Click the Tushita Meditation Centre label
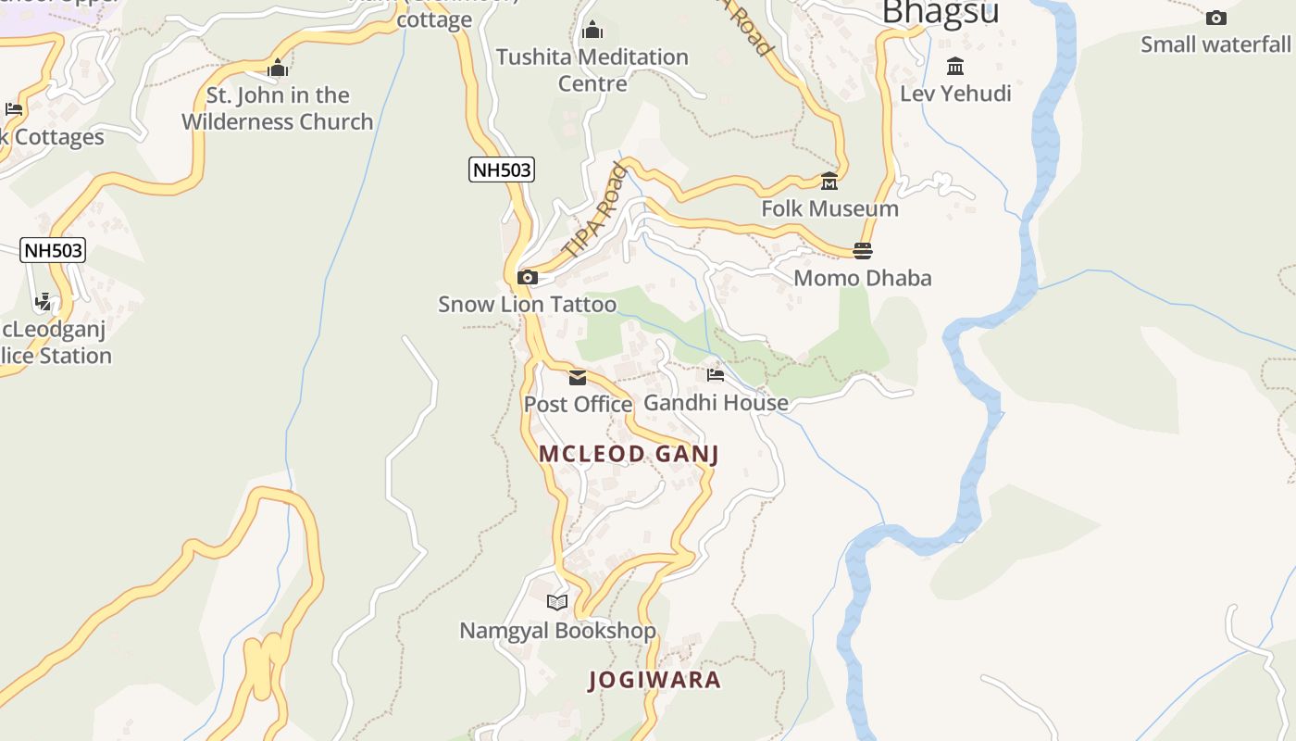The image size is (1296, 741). point(592,70)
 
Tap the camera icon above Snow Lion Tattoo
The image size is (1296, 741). point(528,277)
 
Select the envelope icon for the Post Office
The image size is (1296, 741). point(578,377)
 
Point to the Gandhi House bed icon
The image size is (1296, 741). point(716,375)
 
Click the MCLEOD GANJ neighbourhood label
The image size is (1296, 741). point(629,454)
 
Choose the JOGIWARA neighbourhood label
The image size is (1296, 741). point(654,680)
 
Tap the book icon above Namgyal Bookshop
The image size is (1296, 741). point(556,603)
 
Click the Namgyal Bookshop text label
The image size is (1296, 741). point(557,631)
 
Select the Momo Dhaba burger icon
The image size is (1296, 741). point(863,250)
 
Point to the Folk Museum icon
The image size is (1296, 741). point(829,181)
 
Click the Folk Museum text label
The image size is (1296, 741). point(829,208)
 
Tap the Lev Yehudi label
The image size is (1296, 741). point(955,94)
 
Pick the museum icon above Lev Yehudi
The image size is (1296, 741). point(955,67)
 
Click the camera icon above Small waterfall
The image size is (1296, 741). point(1215,18)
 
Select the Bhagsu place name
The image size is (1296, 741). point(941,13)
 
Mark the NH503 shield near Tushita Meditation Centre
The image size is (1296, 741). point(502,170)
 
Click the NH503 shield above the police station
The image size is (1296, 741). point(53,250)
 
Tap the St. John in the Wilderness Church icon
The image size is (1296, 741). point(278,68)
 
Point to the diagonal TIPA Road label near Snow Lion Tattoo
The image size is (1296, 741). point(594,211)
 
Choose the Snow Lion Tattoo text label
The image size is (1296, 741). point(527,305)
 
